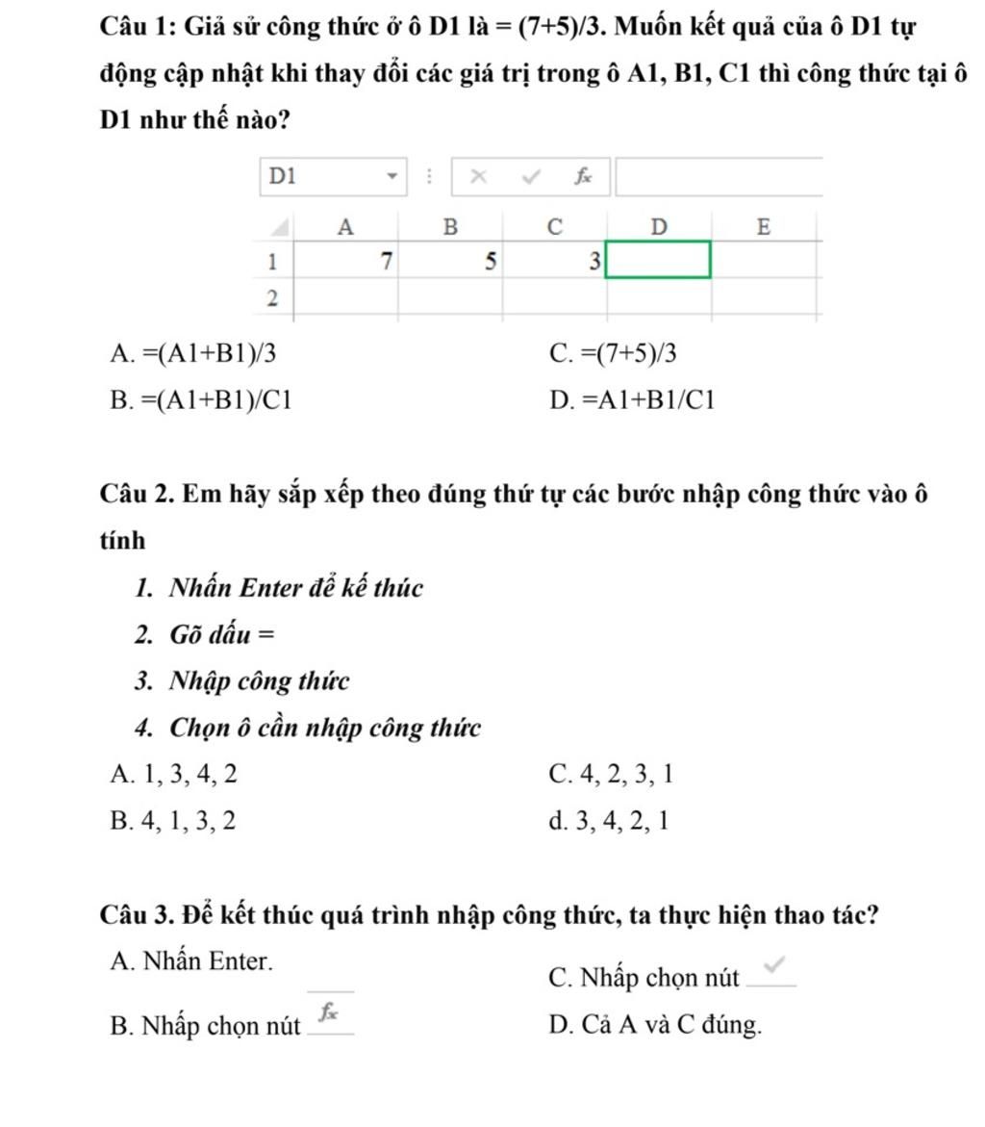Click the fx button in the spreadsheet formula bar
582,176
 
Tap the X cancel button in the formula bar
479,176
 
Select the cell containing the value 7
345,261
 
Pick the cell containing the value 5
450,261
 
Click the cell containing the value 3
555,261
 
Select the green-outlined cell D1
658,260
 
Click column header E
764,227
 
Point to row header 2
273,298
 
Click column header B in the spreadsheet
450,227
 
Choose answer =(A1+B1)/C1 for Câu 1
202,400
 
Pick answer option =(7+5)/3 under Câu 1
613,354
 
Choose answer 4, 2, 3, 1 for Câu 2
611,774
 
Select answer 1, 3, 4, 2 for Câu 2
172,774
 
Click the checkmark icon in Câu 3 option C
776,965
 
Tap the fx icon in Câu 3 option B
329,1012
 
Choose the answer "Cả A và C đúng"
655,1025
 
